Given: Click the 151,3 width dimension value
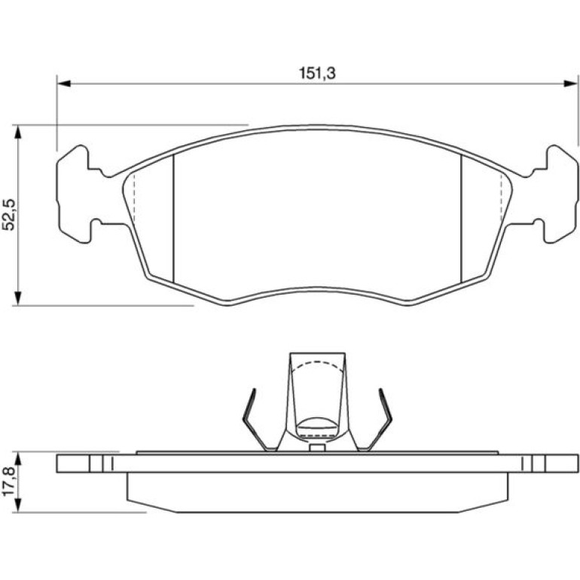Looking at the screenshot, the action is [317, 73].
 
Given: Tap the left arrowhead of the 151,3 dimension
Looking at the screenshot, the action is [64, 84].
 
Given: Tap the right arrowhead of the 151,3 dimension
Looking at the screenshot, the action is [570, 84].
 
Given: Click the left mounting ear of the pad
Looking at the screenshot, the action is [74, 194].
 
